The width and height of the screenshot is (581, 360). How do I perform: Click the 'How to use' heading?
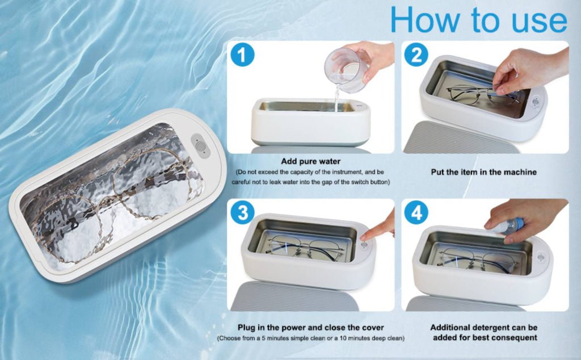click(x=478, y=20)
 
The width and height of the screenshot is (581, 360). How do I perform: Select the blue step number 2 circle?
click(x=417, y=55)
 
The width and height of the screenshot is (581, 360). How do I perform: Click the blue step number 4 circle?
click(x=417, y=213)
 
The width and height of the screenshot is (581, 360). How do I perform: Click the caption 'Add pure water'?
click(x=310, y=161)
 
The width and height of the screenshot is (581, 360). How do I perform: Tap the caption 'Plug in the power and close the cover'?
click(x=310, y=328)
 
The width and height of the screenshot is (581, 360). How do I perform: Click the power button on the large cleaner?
click(x=200, y=145)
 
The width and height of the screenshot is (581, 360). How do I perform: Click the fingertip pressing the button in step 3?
click(x=368, y=233)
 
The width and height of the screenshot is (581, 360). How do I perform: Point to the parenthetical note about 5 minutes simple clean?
click(x=310, y=338)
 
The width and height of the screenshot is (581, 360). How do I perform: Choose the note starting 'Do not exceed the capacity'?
click(x=310, y=177)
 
